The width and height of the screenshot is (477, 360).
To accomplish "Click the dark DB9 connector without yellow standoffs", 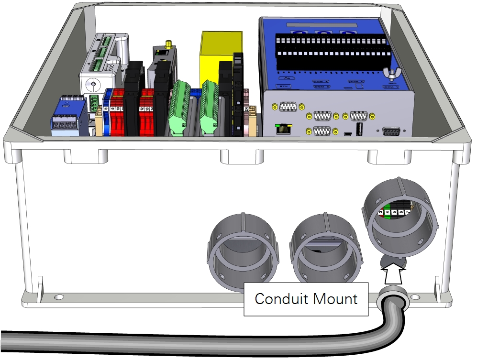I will click(391, 131).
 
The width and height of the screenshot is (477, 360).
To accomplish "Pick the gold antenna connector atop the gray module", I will click(169, 44).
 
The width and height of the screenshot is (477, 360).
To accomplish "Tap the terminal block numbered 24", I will click(246, 110).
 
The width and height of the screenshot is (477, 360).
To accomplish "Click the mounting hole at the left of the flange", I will click(59, 297).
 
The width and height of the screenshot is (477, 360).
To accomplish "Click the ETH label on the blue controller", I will click(284, 87).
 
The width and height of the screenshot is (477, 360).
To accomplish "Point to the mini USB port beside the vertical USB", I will click(348, 134).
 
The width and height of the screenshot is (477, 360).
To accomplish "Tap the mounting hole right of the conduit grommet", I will click(415, 297).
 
